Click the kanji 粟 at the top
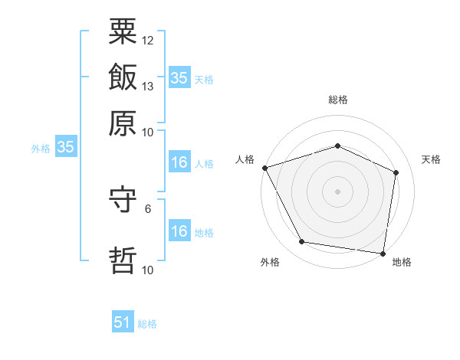(123, 31)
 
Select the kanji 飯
(123, 77)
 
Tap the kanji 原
(123, 123)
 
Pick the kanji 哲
(123, 260)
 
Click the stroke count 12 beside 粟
(147, 41)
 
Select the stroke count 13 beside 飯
(147, 87)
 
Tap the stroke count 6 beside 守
(148, 209)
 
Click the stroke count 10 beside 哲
(147, 270)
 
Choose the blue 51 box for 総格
(123, 321)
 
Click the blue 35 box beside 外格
(66, 146)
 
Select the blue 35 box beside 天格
(179, 77)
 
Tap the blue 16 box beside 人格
(179, 162)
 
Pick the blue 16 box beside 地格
(179, 230)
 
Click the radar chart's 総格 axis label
(338, 100)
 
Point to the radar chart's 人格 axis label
(245, 159)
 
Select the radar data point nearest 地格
(383, 254)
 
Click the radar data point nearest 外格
(301, 242)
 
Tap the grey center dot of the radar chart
(337, 191)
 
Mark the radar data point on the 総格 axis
(337, 146)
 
